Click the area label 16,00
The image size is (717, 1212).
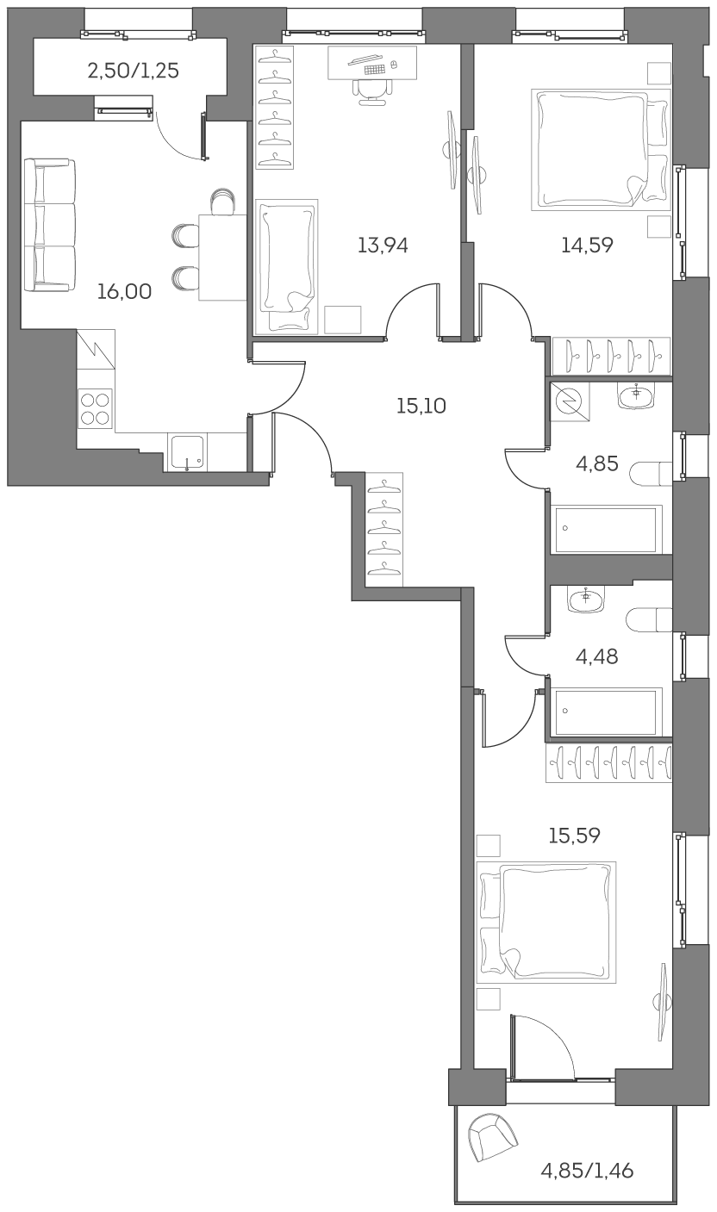click(124, 292)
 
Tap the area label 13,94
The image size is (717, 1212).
click(383, 246)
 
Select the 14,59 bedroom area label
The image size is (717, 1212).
click(587, 246)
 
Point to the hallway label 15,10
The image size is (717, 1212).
click(421, 406)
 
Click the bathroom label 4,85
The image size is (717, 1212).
click(597, 464)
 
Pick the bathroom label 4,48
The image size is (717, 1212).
click(597, 657)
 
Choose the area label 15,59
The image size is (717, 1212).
click(575, 835)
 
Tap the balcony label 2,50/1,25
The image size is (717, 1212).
click(134, 71)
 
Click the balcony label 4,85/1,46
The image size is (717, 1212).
click(587, 1171)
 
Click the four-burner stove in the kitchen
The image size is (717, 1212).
click(95, 408)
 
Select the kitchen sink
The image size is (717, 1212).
click(187, 452)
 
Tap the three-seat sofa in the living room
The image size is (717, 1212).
click(49, 224)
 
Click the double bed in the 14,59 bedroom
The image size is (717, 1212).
click(600, 149)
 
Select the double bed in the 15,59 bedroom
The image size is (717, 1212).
click(546, 922)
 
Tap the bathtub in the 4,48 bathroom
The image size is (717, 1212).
click(607, 711)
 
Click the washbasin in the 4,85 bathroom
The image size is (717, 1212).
click(636, 395)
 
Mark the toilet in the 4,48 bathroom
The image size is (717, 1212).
click(650, 619)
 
